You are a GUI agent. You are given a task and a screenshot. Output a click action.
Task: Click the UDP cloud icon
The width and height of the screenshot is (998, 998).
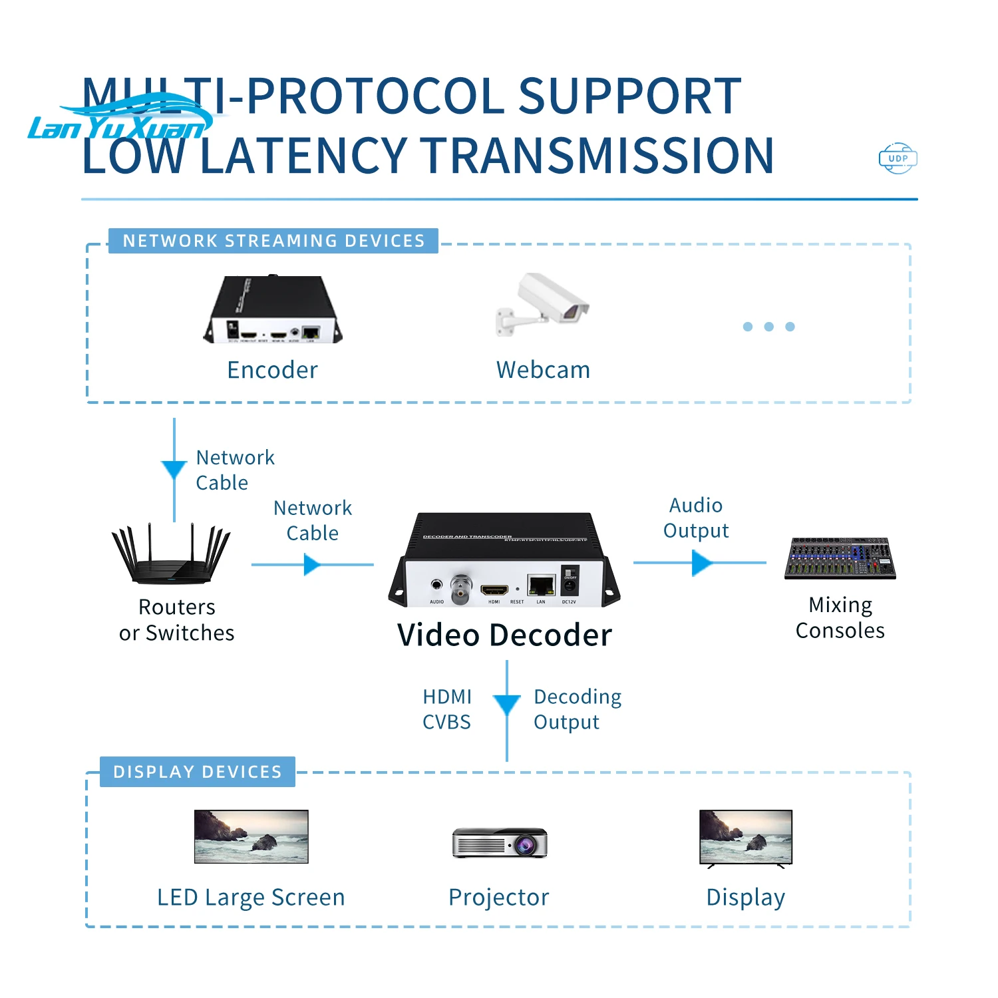[898, 158]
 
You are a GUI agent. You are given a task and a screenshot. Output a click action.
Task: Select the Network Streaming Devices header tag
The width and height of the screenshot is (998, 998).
[273, 241]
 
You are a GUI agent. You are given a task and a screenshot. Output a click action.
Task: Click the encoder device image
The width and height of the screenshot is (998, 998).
[273, 310]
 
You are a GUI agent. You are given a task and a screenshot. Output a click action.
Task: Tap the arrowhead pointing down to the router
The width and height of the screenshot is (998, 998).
[174, 470]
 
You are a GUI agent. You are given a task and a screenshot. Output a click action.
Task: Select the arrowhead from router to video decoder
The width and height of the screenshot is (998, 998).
[311, 565]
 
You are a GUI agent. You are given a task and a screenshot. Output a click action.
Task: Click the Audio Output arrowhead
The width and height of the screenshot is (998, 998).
[701, 563]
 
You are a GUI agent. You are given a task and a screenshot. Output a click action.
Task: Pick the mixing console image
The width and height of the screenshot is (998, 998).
[840, 558]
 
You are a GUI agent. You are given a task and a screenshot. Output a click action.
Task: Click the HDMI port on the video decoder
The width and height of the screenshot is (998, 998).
[494, 590]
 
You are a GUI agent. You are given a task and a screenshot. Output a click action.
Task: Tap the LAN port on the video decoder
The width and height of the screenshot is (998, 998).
[541, 586]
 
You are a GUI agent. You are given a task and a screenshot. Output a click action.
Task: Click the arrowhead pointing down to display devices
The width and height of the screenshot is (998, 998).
[507, 705]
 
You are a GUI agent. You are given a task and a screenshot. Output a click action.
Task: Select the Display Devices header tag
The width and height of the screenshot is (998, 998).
[198, 772]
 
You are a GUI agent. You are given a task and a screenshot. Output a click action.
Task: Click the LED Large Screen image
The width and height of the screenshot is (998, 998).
[251, 836]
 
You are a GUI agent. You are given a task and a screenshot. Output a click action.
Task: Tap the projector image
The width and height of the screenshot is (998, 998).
[500, 843]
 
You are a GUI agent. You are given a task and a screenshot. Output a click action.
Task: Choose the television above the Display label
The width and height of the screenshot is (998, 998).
[746, 838]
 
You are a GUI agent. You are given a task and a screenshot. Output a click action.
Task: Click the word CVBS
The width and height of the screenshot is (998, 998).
[446, 722]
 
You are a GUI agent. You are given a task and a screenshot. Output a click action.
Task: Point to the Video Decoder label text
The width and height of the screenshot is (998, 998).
[504, 635]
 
